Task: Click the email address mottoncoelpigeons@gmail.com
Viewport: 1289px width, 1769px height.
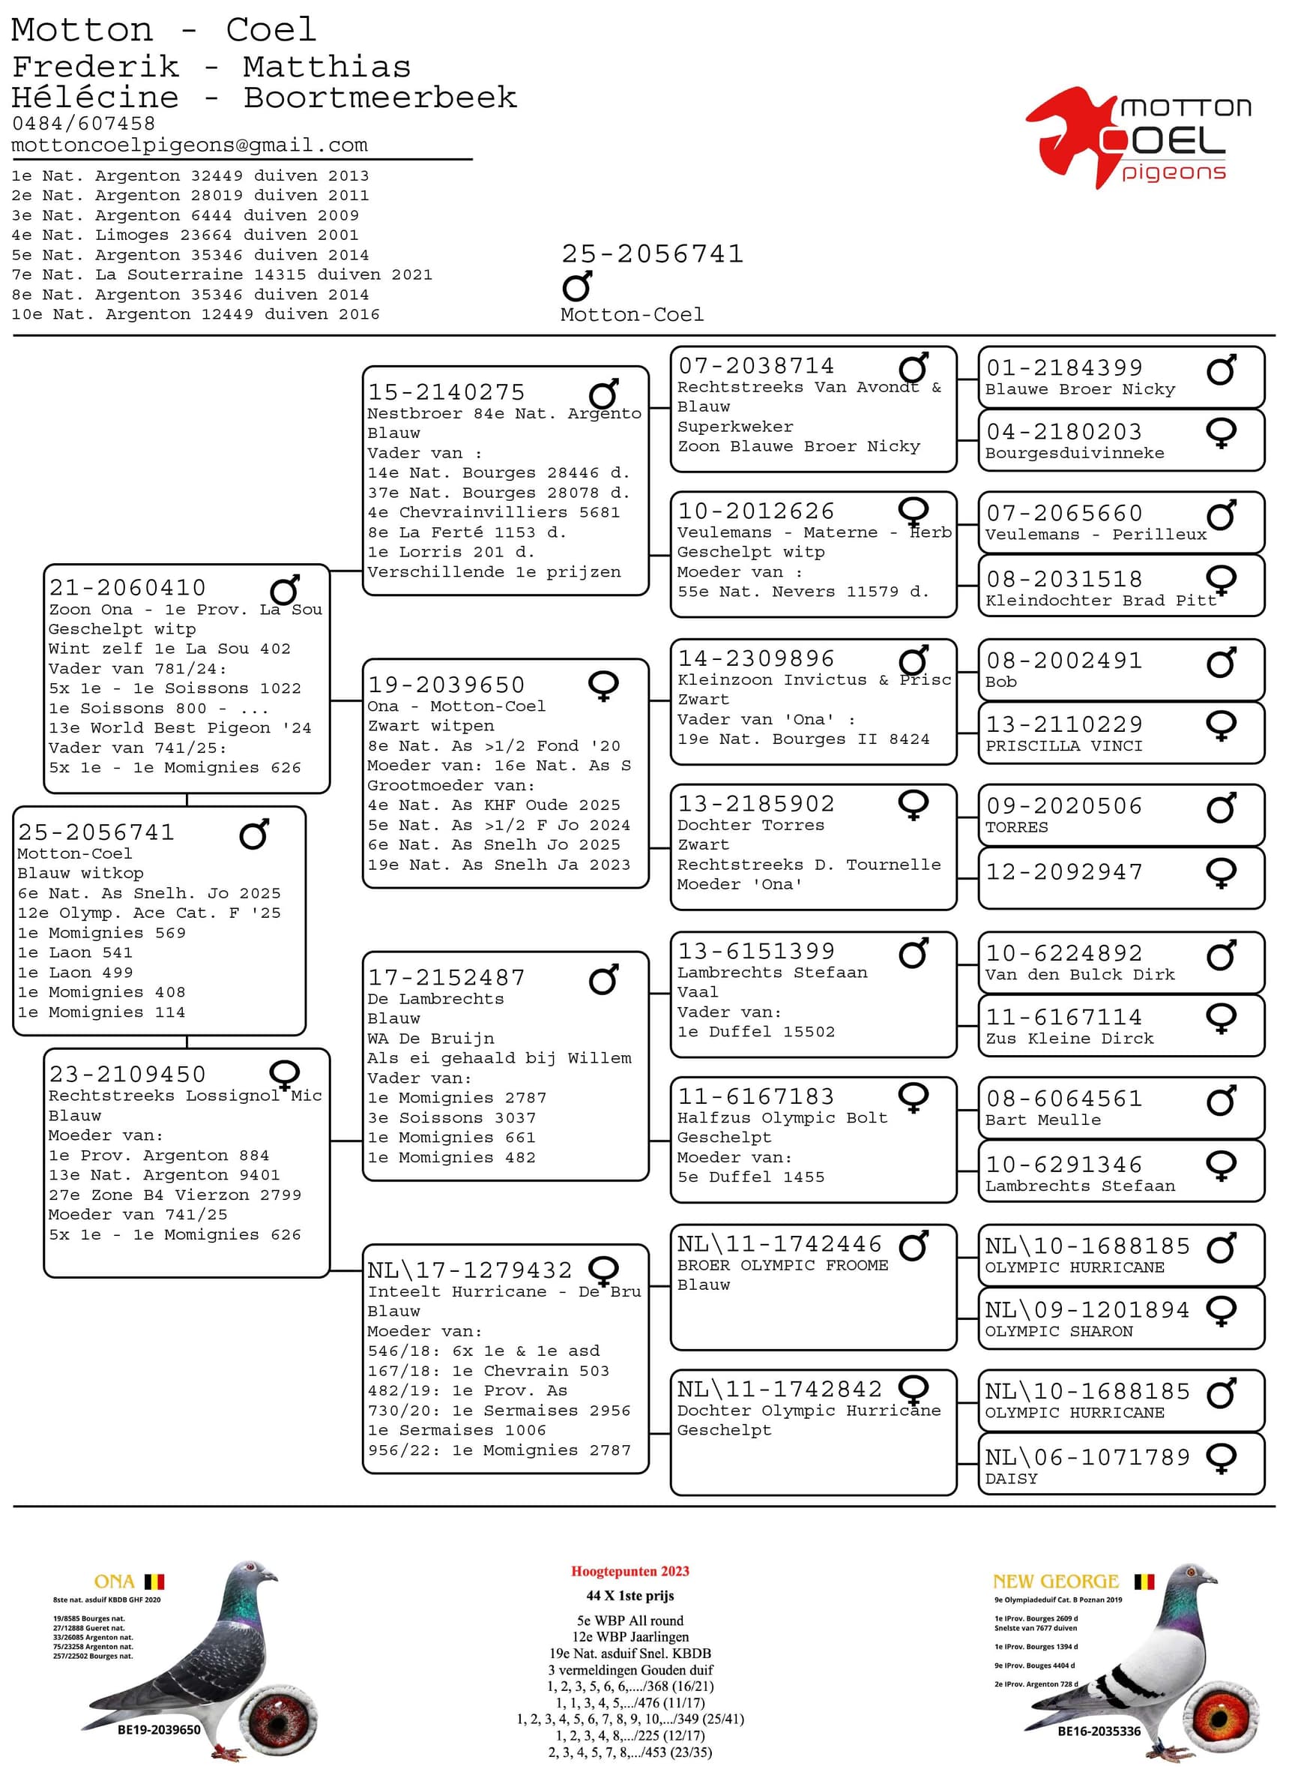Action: [189, 145]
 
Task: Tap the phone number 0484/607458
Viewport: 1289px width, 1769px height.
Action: [83, 123]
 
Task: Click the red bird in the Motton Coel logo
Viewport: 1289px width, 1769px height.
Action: [1069, 133]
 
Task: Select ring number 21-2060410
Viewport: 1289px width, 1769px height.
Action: [128, 587]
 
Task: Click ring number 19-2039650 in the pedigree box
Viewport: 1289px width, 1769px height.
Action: [447, 685]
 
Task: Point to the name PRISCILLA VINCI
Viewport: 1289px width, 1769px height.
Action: [1063, 745]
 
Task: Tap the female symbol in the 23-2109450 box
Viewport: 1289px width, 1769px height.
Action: [284, 1073]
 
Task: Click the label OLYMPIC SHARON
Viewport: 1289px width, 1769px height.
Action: [1058, 1331]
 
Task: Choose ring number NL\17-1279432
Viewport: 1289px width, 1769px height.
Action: [470, 1270]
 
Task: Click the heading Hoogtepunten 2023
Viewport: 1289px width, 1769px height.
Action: [630, 1572]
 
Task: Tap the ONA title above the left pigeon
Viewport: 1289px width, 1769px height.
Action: [114, 1582]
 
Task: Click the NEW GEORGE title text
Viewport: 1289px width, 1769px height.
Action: [1055, 1581]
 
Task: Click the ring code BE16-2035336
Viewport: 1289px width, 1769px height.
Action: [1099, 1731]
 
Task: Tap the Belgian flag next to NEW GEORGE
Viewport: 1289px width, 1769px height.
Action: [1143, 1582]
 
